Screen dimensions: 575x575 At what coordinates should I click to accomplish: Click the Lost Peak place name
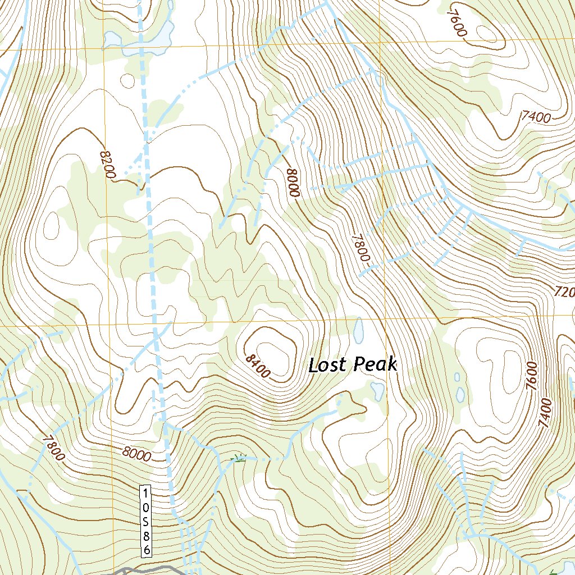353,365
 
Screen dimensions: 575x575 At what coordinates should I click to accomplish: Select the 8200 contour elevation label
107,165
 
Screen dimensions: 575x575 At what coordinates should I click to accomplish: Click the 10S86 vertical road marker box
146,522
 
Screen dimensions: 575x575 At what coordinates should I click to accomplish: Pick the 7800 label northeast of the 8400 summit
360,248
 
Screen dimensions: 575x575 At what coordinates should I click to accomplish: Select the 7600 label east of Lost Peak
532,376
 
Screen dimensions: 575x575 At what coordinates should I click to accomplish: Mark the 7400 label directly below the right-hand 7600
545,413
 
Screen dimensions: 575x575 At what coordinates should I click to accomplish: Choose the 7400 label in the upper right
536,117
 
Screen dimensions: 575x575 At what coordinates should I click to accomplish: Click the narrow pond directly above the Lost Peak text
358,331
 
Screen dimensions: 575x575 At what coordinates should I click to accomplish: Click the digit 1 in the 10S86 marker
146,492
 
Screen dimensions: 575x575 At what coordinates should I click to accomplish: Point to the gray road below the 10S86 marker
140,569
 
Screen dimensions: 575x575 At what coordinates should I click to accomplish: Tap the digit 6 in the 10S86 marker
146,550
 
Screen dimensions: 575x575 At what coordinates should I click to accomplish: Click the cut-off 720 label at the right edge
564,292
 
